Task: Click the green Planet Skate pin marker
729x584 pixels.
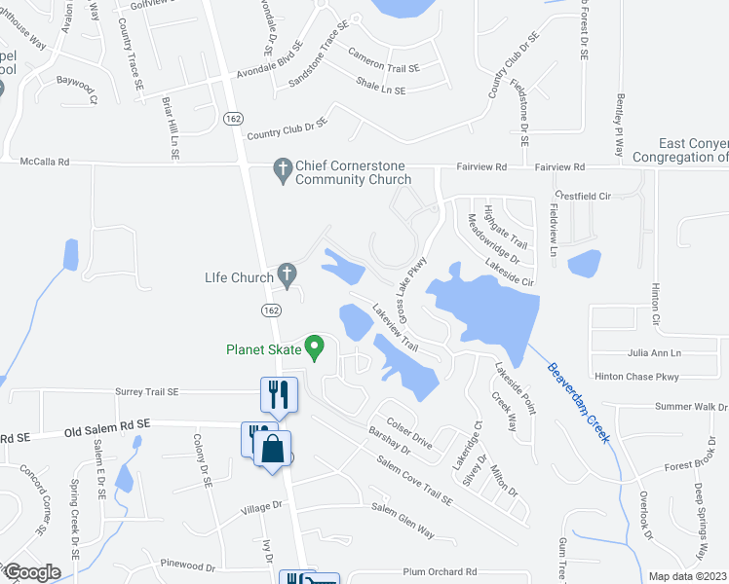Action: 314,347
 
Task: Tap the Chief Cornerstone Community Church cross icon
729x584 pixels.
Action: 283,171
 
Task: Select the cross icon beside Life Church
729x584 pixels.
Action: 287,276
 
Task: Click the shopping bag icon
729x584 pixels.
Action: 273,450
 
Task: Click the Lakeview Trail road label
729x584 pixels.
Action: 396,326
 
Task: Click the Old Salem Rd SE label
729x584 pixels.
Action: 107,424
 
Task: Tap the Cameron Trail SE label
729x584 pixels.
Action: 383,68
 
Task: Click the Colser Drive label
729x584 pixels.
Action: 408,434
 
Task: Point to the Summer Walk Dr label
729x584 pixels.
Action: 691,407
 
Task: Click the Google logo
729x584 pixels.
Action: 31,572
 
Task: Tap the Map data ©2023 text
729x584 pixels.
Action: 688,576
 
